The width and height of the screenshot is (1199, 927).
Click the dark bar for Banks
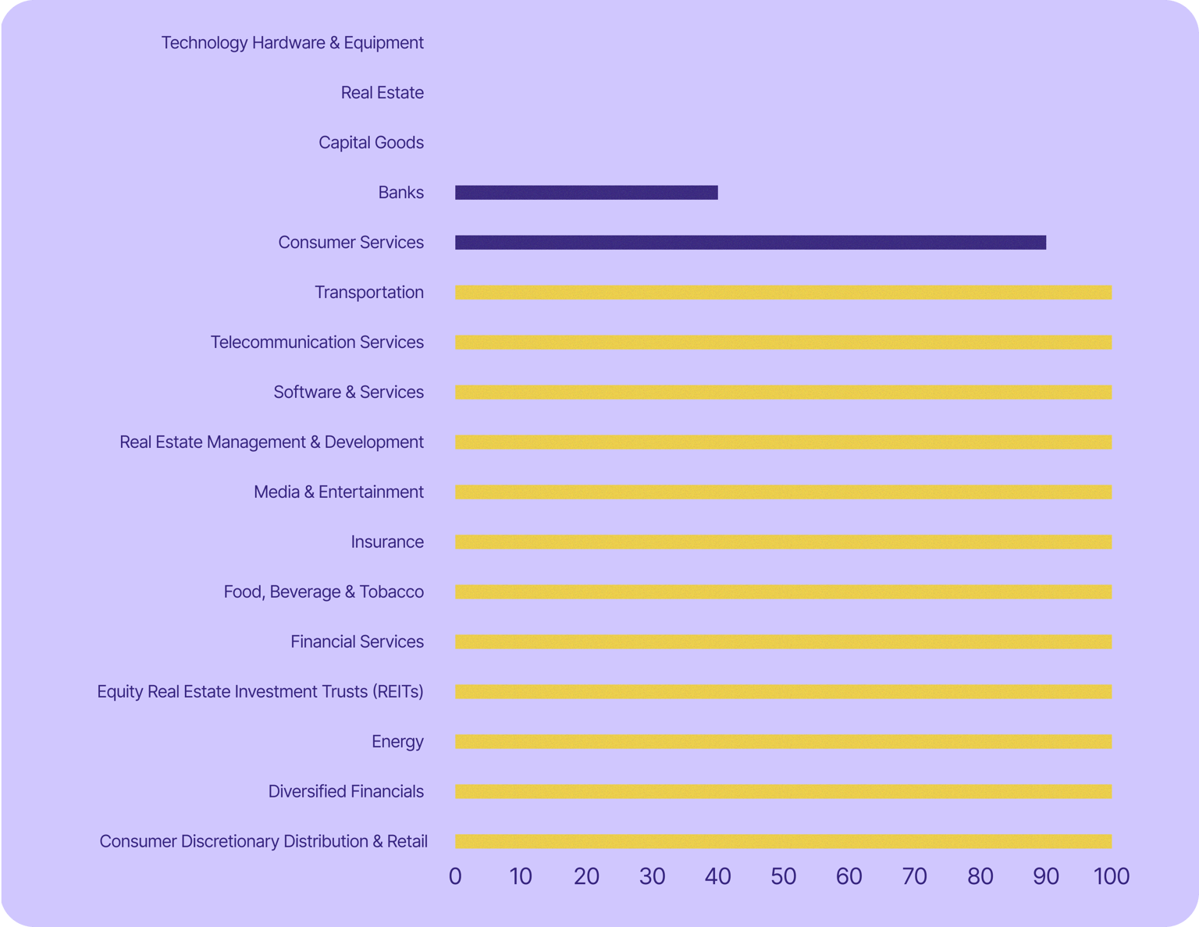(x=586, y=193)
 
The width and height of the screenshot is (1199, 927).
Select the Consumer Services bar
(x=750, y=243)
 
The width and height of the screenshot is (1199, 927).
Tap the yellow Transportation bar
(x=783, y=293)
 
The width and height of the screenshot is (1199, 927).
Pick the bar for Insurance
(x=783, y=542)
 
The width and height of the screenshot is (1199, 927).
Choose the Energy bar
(x=783, y=742)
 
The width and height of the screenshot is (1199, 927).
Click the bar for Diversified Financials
(x=783, y=792)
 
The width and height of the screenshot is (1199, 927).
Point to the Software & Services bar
(x=783, y=392)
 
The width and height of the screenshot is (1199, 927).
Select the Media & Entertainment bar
(x=783, y=492)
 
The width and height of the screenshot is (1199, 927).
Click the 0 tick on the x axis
(x=455, y=876)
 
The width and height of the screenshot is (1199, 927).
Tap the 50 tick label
(x=783, y=876)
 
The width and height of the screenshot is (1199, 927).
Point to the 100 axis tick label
(x=1112, y=876)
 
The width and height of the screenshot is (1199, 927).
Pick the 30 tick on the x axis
(x=652, y=876)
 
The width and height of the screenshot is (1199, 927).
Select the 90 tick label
(x=1046, y=876)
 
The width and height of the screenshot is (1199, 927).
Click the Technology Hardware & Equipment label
(x=292, y=43)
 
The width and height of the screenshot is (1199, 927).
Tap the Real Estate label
(x=382, y=93)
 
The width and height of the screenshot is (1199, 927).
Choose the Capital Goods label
(x=371, y=143)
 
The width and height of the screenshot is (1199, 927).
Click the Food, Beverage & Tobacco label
(x=323, y=592)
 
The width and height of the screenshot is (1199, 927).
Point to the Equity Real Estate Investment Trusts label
(x=260, y=692)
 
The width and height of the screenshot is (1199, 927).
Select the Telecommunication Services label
(x=317, y=343)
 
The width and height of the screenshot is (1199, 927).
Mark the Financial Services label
(x=357, y=642)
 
